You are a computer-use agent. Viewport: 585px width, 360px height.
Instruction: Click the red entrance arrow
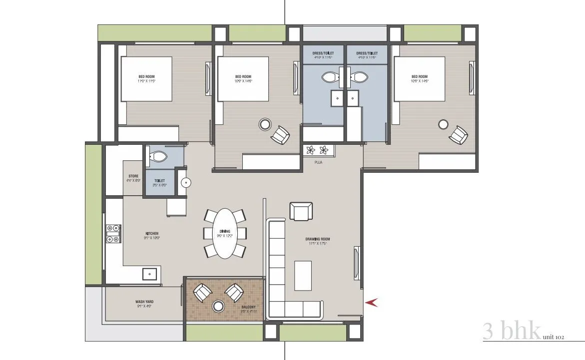(372, 302)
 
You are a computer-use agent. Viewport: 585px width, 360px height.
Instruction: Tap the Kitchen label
(152, 234)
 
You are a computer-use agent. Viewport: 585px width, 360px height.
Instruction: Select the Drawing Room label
(318, 239)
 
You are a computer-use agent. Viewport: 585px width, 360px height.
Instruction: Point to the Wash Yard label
(143, 302)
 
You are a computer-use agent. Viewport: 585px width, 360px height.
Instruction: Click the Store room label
(133, 176)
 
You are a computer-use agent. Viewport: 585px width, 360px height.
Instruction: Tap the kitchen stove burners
(113, 234)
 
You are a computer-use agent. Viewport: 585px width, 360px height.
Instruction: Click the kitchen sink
(150, 273)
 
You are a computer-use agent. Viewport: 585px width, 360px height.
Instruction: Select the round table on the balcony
(218, 306)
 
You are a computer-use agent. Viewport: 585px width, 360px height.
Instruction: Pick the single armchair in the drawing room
(301, 211)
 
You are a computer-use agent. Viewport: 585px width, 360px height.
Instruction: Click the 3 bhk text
(512, 331)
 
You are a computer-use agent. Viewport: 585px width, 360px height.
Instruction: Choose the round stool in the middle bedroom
(265, 124)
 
